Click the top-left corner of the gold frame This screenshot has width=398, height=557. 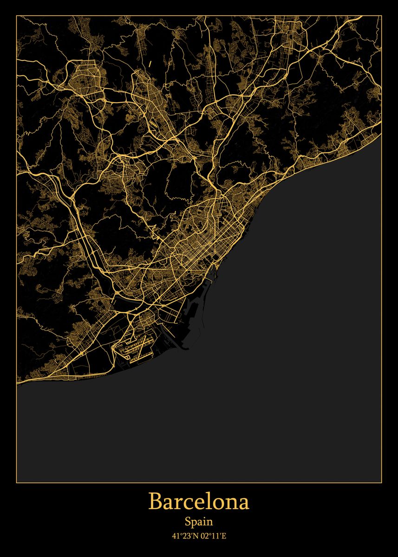[x=17, y=16]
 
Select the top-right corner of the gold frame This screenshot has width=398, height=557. [x=381, y=16]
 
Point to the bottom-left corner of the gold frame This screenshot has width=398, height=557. [x=17, y=483]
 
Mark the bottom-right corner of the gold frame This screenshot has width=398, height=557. [x=381, y=483]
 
